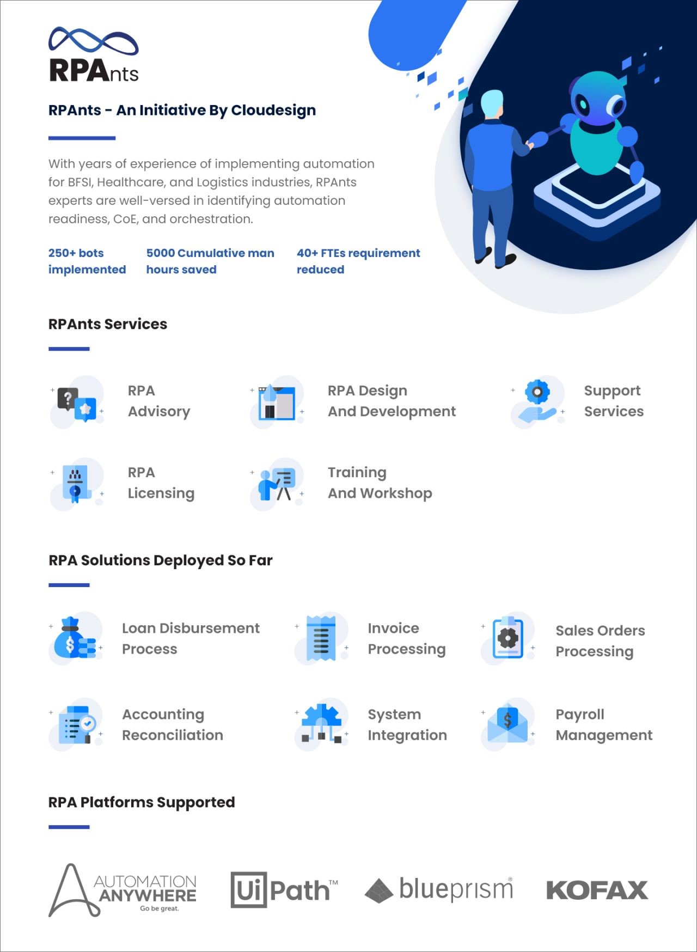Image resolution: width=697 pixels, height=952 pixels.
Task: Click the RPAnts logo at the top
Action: coord(94,55)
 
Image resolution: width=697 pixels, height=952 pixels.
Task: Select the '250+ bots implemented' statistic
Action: coord(87,261)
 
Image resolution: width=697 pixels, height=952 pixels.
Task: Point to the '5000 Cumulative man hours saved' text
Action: coord(210,261)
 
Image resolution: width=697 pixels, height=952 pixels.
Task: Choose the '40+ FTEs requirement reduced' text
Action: coord(358,261)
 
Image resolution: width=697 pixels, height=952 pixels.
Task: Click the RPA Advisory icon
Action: coord(77,402)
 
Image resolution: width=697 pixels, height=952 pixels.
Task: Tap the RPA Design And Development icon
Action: coord(277,402)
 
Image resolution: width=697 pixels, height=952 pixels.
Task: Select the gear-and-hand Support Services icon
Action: coord(537,402)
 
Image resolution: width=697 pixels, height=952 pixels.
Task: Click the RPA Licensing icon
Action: coord(77,484)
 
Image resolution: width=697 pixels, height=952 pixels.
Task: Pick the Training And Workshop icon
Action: coord(277,484)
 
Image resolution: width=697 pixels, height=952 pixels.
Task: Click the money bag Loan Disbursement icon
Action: coord(76,638)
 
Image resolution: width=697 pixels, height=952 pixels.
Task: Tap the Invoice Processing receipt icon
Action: coord(321,638)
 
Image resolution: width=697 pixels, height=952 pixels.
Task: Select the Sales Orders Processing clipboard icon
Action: coord(508,638)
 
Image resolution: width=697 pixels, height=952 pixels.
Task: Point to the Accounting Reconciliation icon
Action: coord(76,724)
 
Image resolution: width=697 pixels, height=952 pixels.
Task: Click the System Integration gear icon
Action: coord(321,724)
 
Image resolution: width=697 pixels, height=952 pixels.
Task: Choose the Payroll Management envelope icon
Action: coord(508,724)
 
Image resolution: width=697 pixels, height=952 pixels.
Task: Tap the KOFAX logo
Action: coord(597,890)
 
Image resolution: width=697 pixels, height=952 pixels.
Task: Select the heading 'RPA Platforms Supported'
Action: coord(142,802)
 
